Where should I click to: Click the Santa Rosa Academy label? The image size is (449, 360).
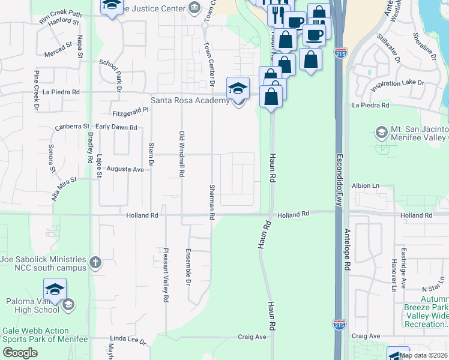(190, 100)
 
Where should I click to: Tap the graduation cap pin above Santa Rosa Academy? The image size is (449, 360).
(238, 88)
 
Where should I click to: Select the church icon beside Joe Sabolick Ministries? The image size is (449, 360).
(95, 262)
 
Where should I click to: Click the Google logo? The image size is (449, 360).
(20, 353)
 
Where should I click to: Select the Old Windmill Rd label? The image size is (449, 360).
(181, 154)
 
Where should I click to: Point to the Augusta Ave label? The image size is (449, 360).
(125, 170)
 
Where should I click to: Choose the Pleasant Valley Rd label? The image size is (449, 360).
(166, 275)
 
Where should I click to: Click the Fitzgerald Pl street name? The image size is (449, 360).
(130, 112)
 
